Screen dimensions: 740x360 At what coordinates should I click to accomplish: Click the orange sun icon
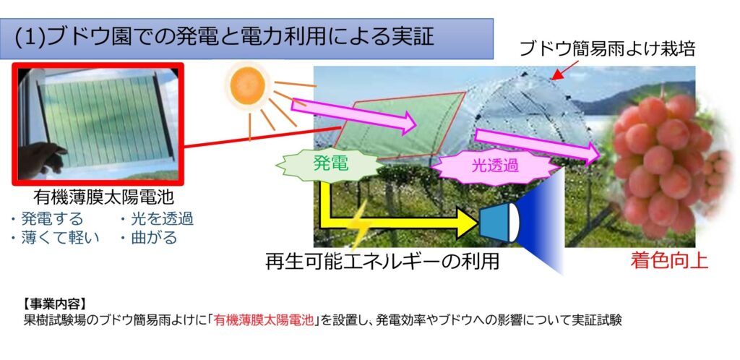pyautogui.click(x=247, y=85)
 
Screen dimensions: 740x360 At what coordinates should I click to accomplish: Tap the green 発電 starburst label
pyautogui.click(x=330, y=163)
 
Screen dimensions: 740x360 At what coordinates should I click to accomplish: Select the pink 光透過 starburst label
pyautogui.click(x=494, y=166)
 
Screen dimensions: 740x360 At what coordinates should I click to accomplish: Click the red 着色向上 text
pyautogui.click(x=669, y=261)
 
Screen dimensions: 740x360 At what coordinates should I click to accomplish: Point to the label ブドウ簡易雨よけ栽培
pyautogui.click(x=606, y=48)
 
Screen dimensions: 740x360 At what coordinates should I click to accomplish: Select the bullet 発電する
pyautogui.click(x=47, y=219)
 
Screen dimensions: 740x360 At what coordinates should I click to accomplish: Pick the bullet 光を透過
pyautogui.click(x=156, y=219)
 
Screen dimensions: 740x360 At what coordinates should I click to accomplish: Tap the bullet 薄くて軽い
pyautogui.click(x=55, y=237)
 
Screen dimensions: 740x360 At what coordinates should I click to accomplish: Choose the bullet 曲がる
pyautogui.click(x=149, y=237)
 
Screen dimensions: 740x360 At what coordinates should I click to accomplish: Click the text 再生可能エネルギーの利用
pyautogui.click(x=382, y=262)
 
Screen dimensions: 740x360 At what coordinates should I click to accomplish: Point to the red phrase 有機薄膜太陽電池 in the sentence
pyautogui.click(x=263, y=320)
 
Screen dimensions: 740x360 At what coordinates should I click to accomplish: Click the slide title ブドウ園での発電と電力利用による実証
pyautogui.click(x=224, y=38)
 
